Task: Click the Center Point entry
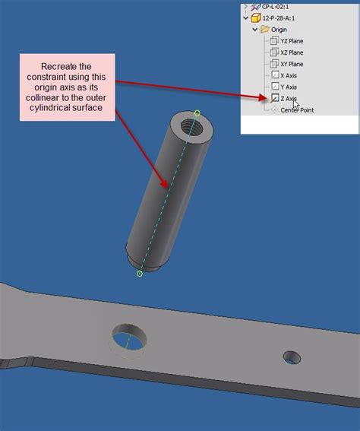pyautogui.click(x=298, y=109)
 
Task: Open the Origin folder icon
pyautogui.click(x=264, y=30)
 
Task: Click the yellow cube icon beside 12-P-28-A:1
pyautogui.click(x=255, y=17)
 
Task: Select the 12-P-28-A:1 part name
pyautogui.click(x=283, y=17)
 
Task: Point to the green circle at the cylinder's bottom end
pyautogui.click(x=140, y=274)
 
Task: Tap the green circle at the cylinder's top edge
pyautogui.click(x=197, y=113)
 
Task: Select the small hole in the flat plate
pyautogui.click(x=292, y=356)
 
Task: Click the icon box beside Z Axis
pyautogui.click(x=274, y=98)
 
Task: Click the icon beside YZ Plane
pyautogui.click(x=274, y=41)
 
